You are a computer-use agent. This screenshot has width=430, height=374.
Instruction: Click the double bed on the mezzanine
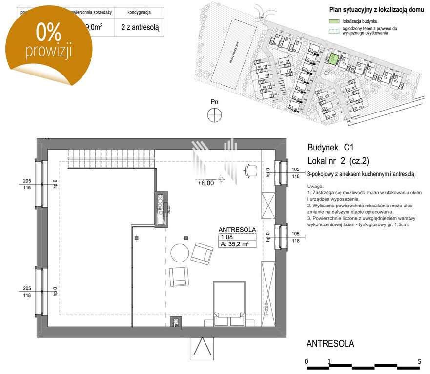pyautogui.click(x=229, y=301)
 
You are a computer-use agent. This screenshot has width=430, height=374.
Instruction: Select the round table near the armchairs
pyautogui.click(x=179, y=253)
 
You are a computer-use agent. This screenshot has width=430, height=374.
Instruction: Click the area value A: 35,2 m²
pyautogui.click(x=235, y=245)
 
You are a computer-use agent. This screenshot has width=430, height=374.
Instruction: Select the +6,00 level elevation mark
pyautogui.click(x=206, y=183)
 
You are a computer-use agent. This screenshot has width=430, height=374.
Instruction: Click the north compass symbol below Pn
pyautogui.click(x=214, y=115)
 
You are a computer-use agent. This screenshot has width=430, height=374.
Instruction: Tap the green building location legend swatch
pyautogui.click(x=333, y=22)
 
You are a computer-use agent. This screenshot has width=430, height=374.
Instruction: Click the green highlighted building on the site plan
pyautogui.click(x=332, y=59)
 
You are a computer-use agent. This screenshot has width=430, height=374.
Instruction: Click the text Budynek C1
pyautogui.click(x=330, y=147)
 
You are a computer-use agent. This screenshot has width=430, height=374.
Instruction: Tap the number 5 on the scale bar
pyautogui.click(x=419, y=361)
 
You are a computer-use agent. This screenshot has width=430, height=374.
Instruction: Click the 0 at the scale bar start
pyautogui.click(x=306, y=361)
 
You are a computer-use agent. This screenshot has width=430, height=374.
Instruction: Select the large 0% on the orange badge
pyautogui.click(x=48, y=33)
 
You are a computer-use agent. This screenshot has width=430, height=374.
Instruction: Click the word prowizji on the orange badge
pyautogui.click(x=49, y=50)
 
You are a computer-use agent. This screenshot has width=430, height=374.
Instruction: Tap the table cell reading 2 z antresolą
pyautogui.click(x=140, y=27)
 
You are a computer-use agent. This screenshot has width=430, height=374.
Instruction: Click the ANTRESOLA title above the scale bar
pyautogui.click(x=330, y=344)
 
